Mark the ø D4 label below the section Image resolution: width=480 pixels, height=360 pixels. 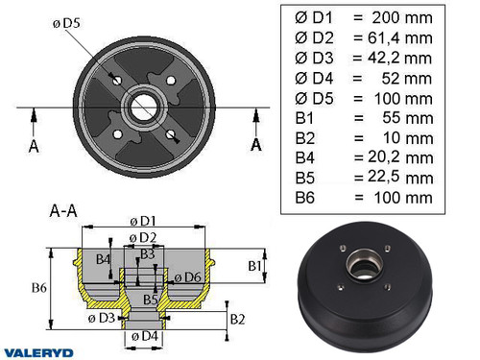(x=144, y=336)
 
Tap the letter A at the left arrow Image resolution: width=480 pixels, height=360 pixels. (x=33, y=144)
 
